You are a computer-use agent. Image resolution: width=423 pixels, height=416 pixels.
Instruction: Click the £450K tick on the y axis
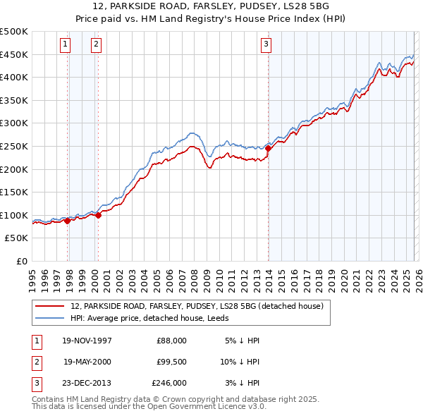coord(14,54)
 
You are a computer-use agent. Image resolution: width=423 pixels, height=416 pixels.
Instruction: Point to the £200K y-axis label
coord(14,169)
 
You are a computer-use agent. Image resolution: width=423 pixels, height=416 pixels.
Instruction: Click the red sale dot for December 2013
coord(269,148)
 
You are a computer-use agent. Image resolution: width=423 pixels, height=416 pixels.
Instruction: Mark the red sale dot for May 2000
coord(98,216)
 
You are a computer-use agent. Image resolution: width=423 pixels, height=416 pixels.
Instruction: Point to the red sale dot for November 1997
coord(68,221)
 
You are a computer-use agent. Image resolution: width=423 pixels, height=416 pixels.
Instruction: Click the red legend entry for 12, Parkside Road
coord(197,306)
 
